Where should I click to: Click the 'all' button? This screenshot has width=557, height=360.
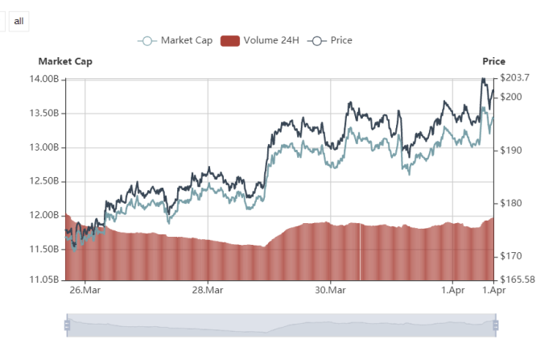[19, 20]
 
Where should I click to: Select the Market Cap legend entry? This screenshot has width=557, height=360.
[175, 40]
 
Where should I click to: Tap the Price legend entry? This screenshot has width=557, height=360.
[331, 40]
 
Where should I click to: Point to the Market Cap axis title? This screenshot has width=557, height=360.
[65, 61]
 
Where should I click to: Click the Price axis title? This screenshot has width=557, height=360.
[493, 61]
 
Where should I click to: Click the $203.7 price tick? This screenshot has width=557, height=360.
[514, 78]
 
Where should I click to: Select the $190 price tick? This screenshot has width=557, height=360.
[512, 151]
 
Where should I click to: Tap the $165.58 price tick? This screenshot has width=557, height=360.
[517, 279]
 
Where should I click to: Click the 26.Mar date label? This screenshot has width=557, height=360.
[85, 290]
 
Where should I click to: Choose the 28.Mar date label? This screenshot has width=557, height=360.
[207, 290]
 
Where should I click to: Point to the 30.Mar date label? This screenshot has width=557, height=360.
[330, 290]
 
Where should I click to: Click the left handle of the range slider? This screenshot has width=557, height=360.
[67, 325]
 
